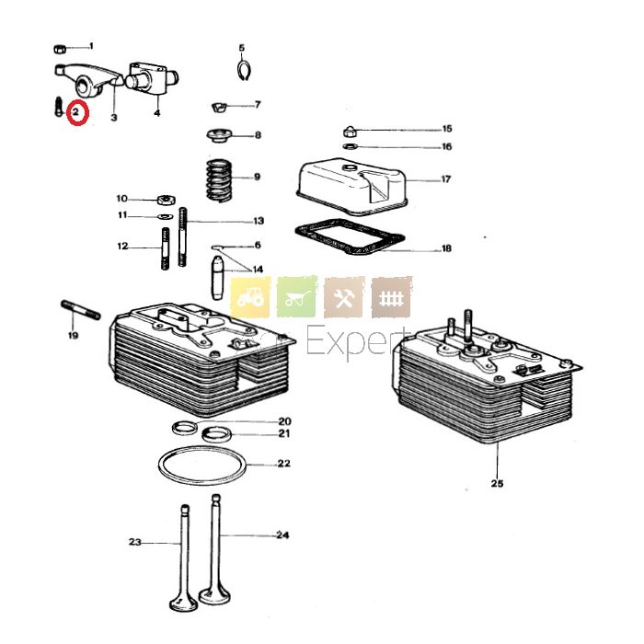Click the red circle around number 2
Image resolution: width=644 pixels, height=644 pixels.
(x=77, y=115)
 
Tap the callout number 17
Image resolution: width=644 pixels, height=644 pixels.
(x=446, y=179)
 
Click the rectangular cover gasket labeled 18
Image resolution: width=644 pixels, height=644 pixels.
(x=350, y=241)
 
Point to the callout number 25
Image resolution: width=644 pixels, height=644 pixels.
(x=497, y=484)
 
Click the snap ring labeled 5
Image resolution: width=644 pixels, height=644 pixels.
(x=243, y=69)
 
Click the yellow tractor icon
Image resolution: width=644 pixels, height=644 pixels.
(x=249, y=297)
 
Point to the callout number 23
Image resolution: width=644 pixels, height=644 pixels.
(x=135, y=544)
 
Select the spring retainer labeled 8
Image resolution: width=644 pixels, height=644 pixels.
(x=220, y=137)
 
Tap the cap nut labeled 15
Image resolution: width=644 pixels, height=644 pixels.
(x=351, y=129)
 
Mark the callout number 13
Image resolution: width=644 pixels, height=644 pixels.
(x=259, y=221)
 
